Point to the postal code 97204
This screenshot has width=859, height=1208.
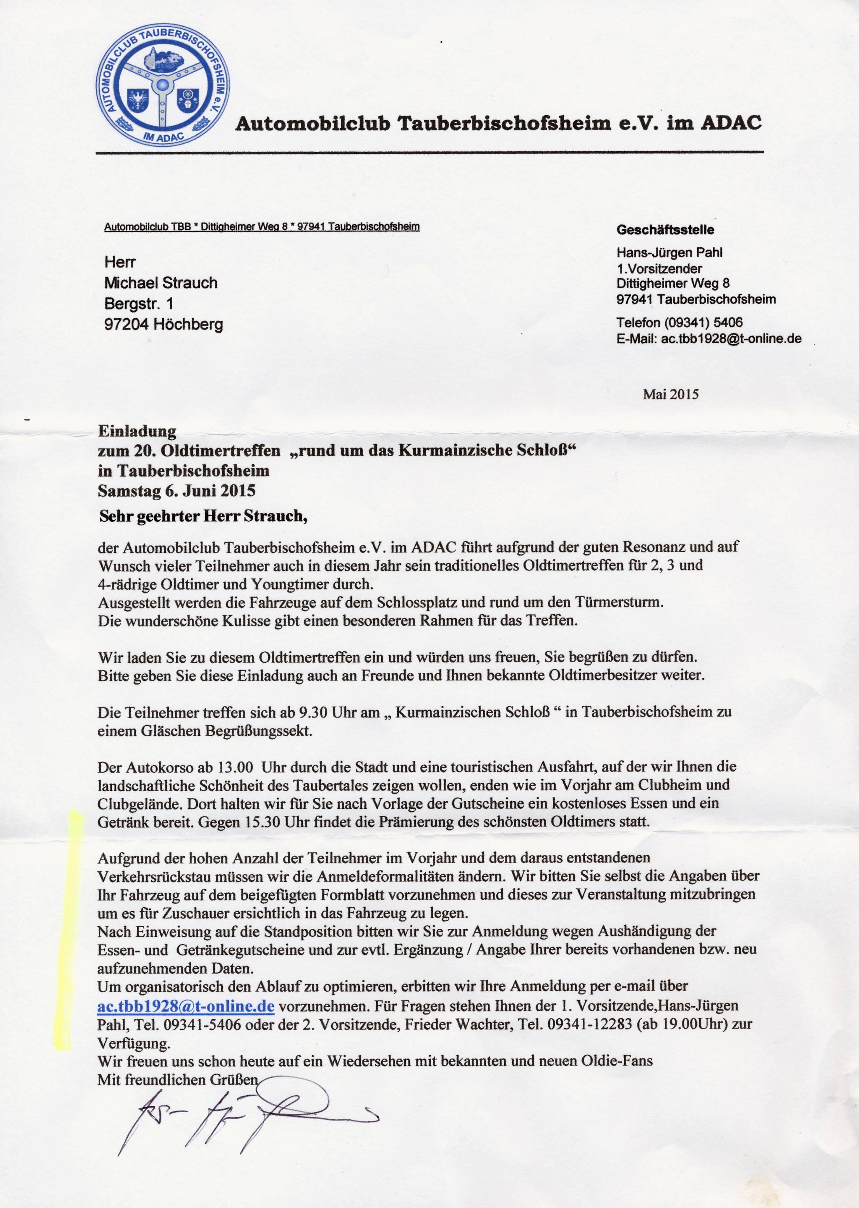(x=126, y=324)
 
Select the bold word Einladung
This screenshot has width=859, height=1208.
(x=137, y=431)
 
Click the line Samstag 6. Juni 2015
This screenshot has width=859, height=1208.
(x=177, y=491)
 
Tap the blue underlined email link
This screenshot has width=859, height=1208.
(x=186, y=1006)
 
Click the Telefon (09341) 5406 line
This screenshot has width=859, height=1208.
(x=679, y=322)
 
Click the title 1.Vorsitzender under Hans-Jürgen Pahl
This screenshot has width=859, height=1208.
(x=659, y=269)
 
